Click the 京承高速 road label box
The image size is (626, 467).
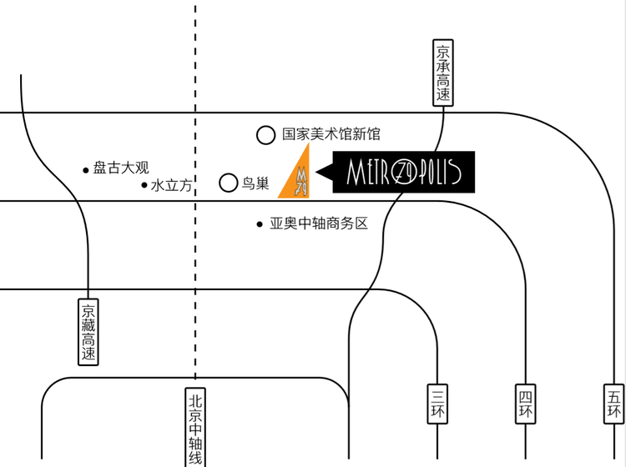coord(442,73)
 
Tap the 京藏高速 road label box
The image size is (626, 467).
coord(89,331)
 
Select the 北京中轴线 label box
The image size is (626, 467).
coord(195,426)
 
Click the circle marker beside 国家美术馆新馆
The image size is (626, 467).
coord(265,134)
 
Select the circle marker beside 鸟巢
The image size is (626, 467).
coord(228,183)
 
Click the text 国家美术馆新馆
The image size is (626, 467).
coord(331,133)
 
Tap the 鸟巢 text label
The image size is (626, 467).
coord(255,183)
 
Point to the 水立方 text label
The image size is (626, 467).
coord(171,185)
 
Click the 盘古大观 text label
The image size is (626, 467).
coord(121,168)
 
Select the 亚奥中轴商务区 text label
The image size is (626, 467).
coord(318,223)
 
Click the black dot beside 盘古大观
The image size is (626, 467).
coord(85,170)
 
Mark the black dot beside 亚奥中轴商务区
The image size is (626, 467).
coord(260,224)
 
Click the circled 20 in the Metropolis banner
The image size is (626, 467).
coord(406,173)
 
